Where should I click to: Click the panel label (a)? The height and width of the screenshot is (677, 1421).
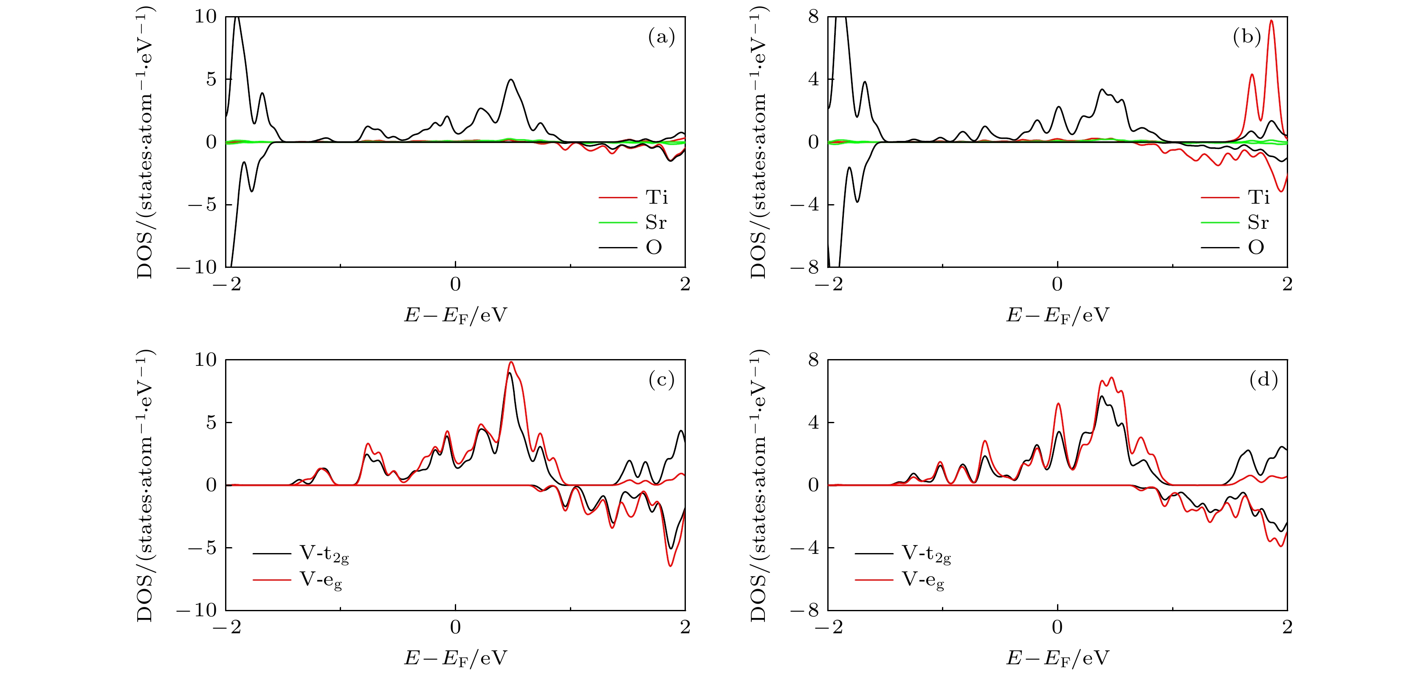click(x=661, y=37)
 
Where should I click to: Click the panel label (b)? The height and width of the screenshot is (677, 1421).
click(x=1247, y=37)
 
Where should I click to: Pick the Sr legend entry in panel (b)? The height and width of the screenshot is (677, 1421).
click(x=1258, y=222)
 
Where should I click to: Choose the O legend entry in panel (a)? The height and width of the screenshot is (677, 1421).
click(x=654, y=247)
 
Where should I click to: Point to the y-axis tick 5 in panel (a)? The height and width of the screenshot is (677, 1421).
click(x=211, y=79)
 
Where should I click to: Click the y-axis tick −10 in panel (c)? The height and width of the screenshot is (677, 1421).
click(x=197, y=610)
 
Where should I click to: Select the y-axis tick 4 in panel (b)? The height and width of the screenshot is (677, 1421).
click(x=813, y=79)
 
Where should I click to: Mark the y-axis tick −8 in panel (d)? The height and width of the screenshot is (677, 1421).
click(x=805, y=610)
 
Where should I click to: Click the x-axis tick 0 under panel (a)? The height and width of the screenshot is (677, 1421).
click(x=455, y=284)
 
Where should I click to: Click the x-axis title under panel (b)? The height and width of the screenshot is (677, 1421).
click(x=1057, y=315)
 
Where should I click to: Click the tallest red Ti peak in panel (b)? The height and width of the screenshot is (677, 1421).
click(x=1272, y=21)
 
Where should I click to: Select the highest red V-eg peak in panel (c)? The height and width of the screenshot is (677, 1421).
click(x=511, y=362)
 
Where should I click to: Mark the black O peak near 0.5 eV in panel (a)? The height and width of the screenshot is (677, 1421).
click(x=511, y=80)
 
